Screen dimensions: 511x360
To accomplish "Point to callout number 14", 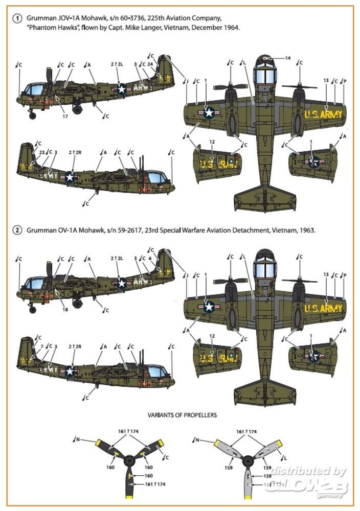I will coord(288,58).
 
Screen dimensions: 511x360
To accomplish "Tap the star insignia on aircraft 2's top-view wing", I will coord(209,307).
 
